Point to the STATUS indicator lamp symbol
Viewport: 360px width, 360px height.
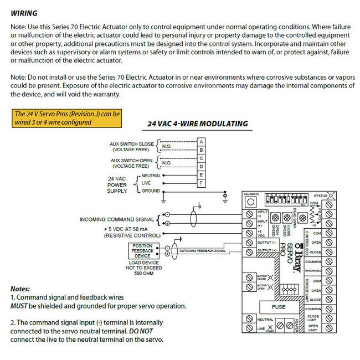[331, 196]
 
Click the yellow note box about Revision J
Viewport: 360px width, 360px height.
[67, 117]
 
